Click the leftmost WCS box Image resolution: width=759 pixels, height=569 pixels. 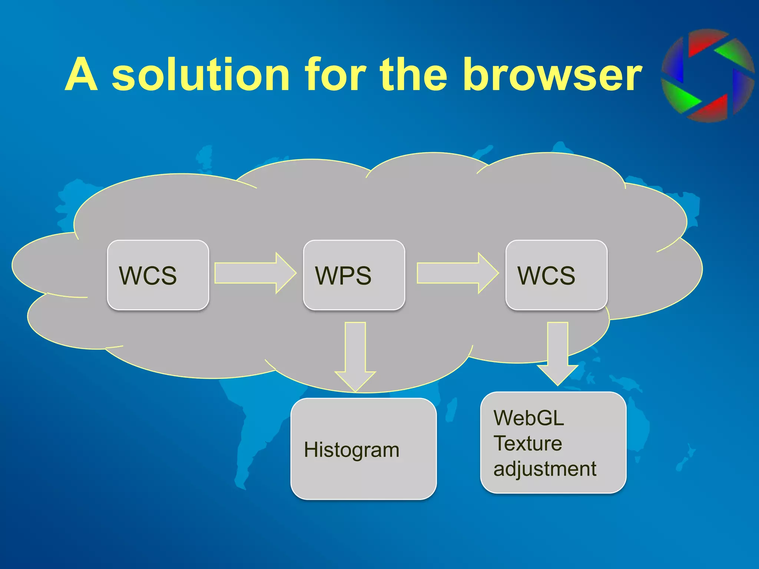tap(158, 275)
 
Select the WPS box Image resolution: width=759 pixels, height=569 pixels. tap(354, 275)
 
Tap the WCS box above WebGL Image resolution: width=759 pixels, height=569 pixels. tap(556, 275)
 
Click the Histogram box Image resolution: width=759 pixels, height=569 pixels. tap(363, 449)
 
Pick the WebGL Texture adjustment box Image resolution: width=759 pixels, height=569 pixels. tap(553, 443)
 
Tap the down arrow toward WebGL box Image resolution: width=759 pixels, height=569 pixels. tap(557, 352)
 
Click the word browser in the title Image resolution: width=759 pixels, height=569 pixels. tap(552, 75)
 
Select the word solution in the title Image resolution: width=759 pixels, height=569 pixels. tap(200, 75)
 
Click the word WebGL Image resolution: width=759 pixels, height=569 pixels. tap(528, 418)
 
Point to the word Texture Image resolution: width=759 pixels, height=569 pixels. tap(528, 443)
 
